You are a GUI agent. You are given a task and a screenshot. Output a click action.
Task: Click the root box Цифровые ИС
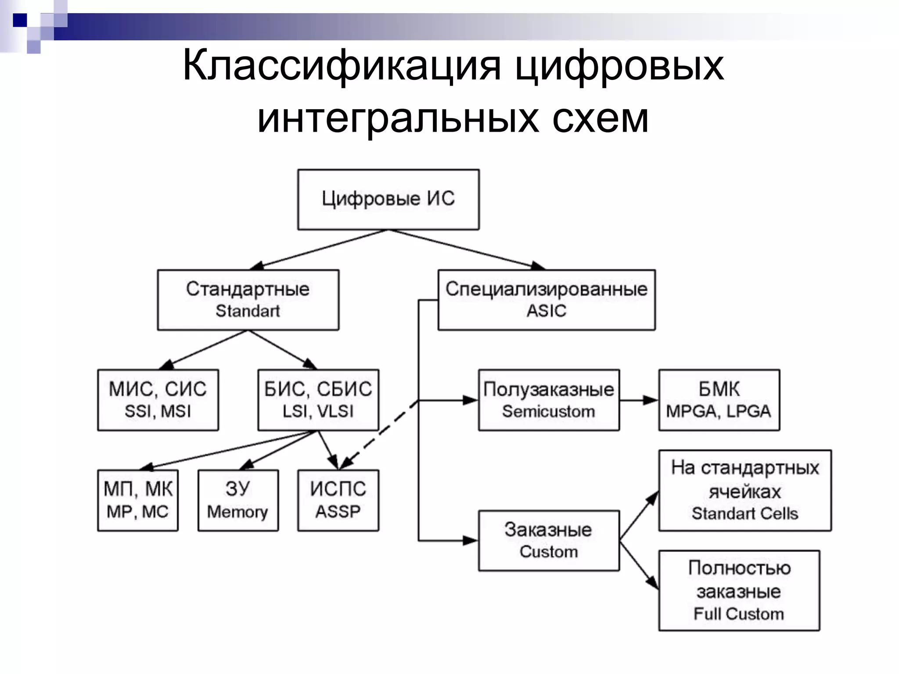coord(388,199)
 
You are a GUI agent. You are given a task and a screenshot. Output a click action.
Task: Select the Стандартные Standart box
coord(248,300)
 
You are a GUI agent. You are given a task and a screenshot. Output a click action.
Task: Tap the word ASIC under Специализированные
coord(546,311)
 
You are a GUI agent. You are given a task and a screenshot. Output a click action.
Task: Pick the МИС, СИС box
coord(158,400)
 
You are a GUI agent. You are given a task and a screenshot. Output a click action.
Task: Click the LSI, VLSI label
coord(318,411)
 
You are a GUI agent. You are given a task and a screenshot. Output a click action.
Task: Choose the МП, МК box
coord(138,500)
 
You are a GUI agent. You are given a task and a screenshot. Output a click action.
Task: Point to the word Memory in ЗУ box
coord(237,512)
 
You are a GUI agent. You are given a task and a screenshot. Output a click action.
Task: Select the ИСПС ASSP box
coord(338,500)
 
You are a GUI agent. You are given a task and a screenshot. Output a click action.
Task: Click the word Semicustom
coord(548,411)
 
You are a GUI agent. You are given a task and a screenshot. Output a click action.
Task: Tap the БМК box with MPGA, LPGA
coord(719,400)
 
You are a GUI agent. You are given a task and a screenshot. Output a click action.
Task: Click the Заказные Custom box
coord(548,540)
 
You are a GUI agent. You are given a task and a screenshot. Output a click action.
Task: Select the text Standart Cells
coord(744,513)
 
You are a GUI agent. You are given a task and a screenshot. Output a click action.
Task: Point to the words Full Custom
coord(738,613)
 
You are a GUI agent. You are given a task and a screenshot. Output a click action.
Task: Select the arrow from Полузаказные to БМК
coord(639,400)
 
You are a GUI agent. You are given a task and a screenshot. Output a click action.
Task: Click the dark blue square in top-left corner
coord(20,20)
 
